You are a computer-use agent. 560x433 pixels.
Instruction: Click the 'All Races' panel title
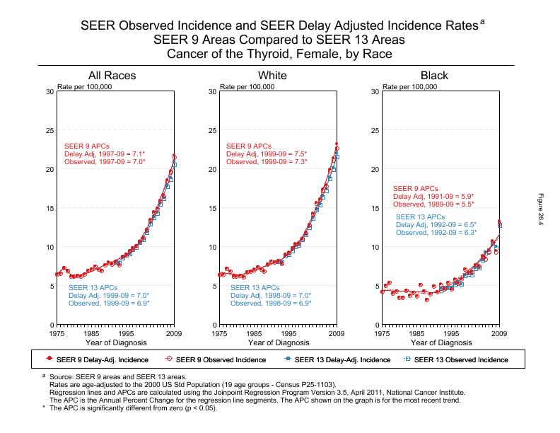point(112,76)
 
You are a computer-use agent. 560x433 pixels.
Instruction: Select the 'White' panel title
point(273,76)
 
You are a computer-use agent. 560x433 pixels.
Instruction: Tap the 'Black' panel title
point(434,76)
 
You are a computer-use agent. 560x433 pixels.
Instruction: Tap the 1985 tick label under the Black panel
point(416,333)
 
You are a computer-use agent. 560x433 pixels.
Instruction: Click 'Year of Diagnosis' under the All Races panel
point(115,342)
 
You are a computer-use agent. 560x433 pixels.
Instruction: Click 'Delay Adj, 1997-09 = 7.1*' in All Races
point(105,154)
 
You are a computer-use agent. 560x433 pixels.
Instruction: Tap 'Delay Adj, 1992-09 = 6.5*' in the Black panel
point(436,224)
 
